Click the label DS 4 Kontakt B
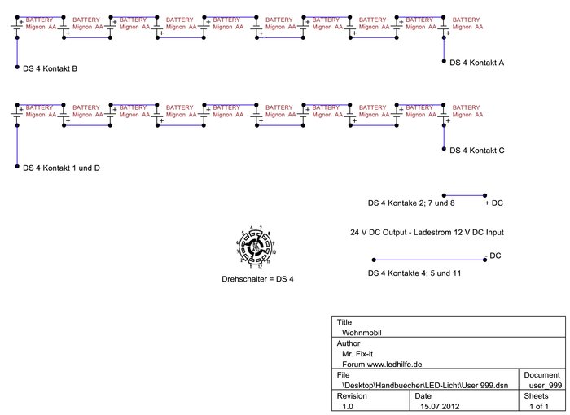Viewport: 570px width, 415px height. click(x=50, y=68)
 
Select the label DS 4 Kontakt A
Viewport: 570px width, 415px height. click(x=477, y=62)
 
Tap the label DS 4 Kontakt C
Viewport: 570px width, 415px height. click(x=477, y=151)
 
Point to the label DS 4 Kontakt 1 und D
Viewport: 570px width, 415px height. click(x=61, y=168)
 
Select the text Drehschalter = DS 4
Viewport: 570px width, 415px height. click(x=257, y=279)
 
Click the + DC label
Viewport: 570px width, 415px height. click(x=493, y=202)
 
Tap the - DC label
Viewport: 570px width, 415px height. click(x=493, y=256)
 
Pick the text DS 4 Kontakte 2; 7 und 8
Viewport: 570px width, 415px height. click(x=411, y=202)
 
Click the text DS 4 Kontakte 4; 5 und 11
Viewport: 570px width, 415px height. click(x=414, y=273)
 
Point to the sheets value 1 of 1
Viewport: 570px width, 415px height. click(x=540, y=405)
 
